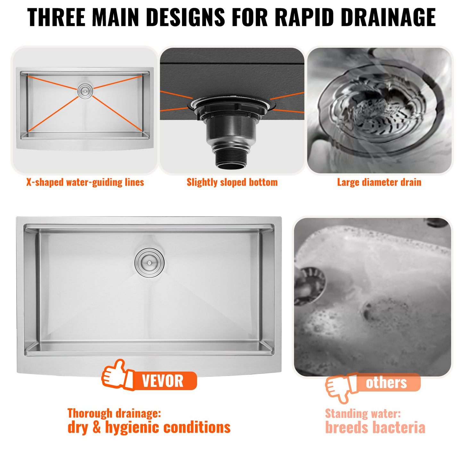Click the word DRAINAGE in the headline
pos(388,17)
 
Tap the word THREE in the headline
pos(56,17)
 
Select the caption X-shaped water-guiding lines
pos(85,182)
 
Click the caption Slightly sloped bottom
pos(232,182)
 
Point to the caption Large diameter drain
pos(379,182)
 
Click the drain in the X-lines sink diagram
pos(85,91)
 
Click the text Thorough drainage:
pos(114,413)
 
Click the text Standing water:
pos(363,414)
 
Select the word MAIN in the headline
pos(117,17)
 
